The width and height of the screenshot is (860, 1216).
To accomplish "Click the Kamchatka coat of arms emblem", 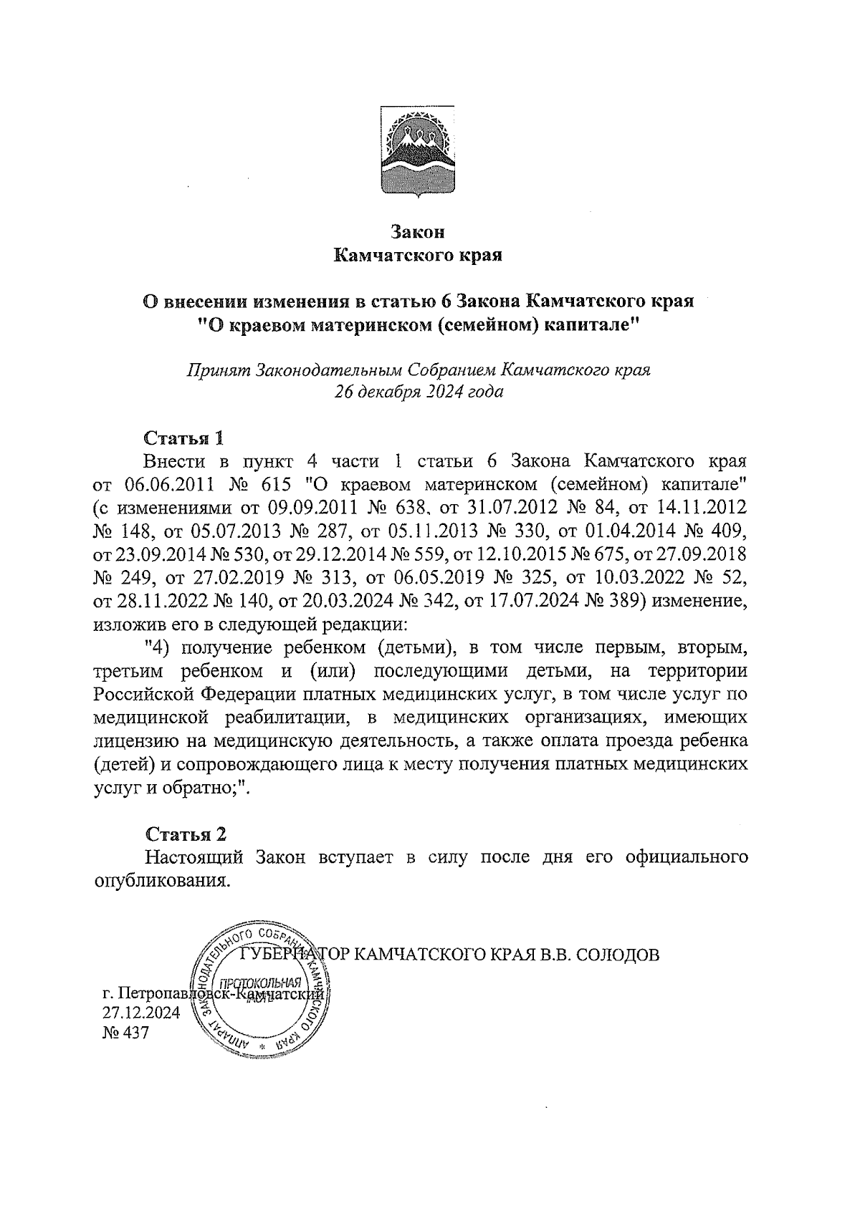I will coord(418,151).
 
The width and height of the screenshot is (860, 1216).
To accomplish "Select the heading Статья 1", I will coord(185,438).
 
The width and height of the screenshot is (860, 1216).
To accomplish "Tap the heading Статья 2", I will coord(186,834).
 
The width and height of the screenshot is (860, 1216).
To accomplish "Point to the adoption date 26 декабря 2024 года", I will coord(418,392).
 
